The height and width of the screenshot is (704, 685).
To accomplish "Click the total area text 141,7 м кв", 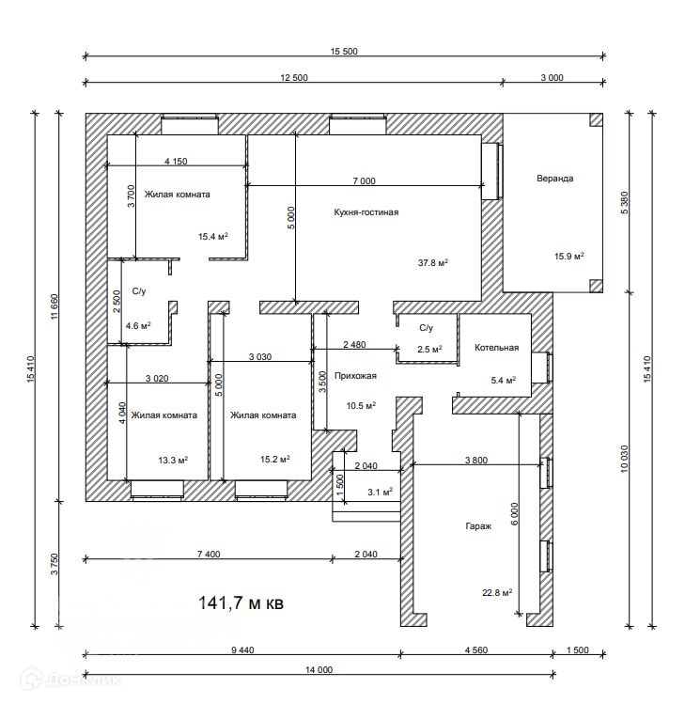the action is pyautogui.click(x=240, y=602).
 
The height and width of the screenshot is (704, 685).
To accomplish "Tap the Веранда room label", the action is pyautogui.click(x=554, y=178).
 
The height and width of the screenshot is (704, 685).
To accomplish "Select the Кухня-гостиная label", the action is pyautogui.click(x=366, y=212).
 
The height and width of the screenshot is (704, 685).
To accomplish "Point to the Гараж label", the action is pyautogui.click(x=478, y=526).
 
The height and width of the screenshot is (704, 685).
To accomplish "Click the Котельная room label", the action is pyautogui.click(x=496, y=348).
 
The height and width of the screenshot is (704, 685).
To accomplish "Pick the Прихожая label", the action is pyautogui.click(x=357, y=376).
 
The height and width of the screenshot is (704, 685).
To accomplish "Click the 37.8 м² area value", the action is pyautogui.click(x=431, y=262).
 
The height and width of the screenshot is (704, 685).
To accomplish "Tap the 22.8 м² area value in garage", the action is pyautogui.click(x=496, y=592).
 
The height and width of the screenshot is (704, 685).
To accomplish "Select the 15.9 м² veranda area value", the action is pyautogui.click(x=568, y=256).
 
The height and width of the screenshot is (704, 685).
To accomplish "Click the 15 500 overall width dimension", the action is pyautogui.click(x=344, y=52).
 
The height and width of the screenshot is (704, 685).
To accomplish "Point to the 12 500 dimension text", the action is pyautogui.click(x=294, y=78).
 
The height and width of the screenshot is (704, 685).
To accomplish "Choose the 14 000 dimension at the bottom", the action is pyautogui.click(x=319, y=670).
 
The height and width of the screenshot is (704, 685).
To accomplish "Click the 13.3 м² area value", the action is pyautogui.click(x=172, y=460).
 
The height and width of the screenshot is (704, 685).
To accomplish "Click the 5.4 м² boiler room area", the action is pyautogui.click(x=504, y=381).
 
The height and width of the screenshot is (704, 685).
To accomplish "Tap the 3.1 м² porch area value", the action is pyautogui.click(x=380, y=492).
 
